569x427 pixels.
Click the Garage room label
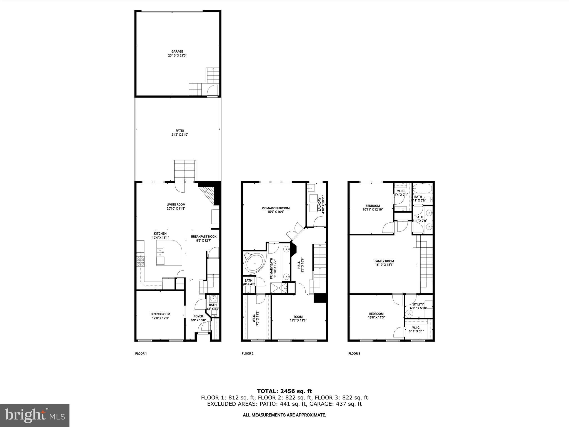pos(177,51)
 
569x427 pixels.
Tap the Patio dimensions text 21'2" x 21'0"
pos(178,135)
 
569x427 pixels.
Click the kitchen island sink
pos(160,252)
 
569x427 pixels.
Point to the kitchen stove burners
pos(141,262)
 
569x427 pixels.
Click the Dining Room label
pos(160,314)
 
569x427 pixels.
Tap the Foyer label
pos(198,316)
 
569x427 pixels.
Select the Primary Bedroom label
pos(276,208)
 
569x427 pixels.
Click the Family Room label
pos(384,261)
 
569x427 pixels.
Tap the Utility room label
pos(418,304)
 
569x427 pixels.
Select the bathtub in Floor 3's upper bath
pos(422,189)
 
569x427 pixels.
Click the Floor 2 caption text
pos(248,354)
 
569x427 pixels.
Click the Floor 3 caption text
pos(354,354)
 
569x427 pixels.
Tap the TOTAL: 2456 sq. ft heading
pos(284,391)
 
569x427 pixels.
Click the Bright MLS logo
pos(35,416)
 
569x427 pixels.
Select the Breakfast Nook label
pos(204,237)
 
